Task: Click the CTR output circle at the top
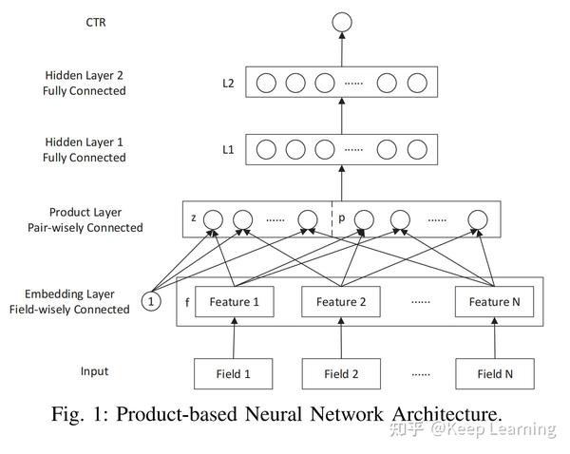341,21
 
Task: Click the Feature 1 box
235,302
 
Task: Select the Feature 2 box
341,302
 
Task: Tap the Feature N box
494,302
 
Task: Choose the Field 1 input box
235,373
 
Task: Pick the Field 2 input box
341,373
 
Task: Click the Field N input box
494,373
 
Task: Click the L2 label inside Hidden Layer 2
228,83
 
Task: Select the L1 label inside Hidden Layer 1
228,150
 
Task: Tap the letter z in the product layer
194,218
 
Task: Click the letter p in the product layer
342,218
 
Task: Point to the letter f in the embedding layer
187,302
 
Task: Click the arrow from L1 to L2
341,116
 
